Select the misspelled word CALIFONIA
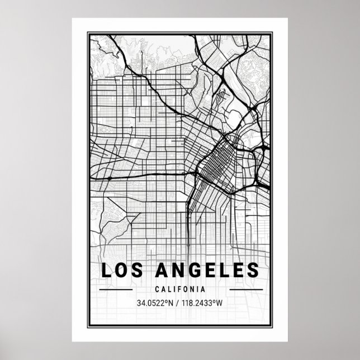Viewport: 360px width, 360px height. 180,290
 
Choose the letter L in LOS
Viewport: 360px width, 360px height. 106,270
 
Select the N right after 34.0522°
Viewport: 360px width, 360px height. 172,304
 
